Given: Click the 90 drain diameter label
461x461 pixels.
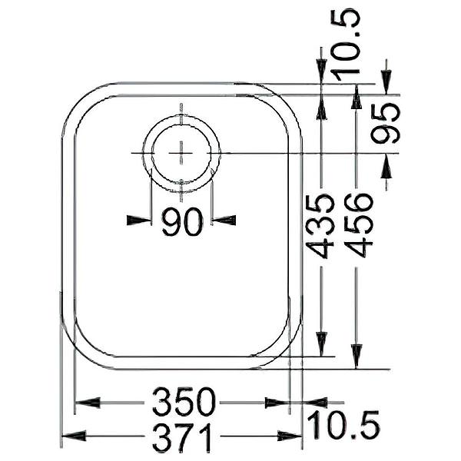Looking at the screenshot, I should pos(182,221).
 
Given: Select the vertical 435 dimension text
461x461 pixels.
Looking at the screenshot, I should pos(320,225).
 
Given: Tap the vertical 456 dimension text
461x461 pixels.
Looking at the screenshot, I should pos(358,224).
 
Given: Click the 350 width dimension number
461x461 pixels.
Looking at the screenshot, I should pos(183,402).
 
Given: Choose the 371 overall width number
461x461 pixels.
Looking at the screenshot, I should pos(182,437).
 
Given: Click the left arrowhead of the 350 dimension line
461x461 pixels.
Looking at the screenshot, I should pos(86,402).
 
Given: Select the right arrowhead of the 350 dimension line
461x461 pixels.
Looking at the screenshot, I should pos(276,402).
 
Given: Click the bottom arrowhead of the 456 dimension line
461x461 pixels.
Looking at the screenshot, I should pos(357,356).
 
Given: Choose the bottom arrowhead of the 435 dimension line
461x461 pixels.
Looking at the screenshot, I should pos(320,343).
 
